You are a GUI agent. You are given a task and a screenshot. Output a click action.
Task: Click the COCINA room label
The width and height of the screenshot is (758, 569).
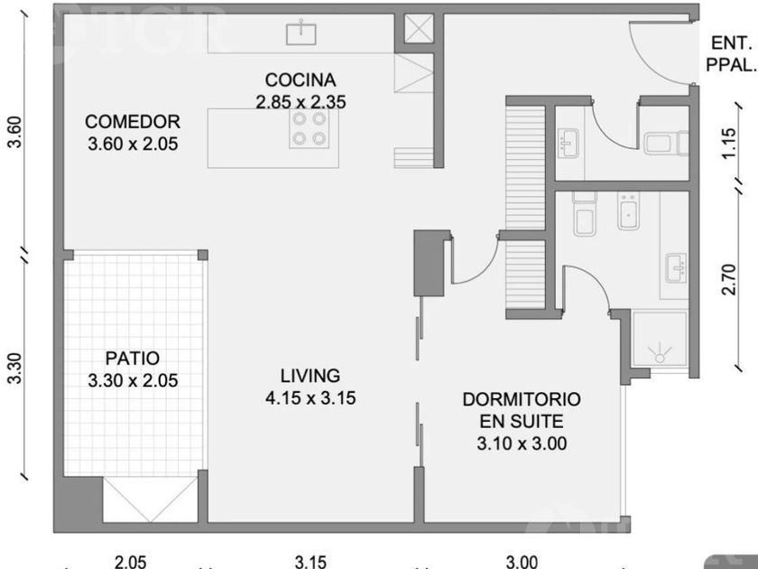(300, 79)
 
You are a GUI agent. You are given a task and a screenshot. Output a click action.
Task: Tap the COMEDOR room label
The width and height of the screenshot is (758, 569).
(133, 121)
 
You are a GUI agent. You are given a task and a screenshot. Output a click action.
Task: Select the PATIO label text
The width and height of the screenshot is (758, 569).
(133, 359)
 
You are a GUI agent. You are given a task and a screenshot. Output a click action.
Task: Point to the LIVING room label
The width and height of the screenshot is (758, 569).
(310, 376)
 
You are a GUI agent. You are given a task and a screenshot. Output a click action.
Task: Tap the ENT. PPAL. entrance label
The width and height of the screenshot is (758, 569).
(731, 53)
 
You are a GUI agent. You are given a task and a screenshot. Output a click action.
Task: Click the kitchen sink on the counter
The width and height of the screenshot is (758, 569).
(301, 33)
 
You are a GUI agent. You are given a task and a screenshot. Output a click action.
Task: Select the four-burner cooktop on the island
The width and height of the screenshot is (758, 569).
(310, 128)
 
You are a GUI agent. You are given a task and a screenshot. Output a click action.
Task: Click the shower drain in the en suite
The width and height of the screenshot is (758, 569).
(660, 358)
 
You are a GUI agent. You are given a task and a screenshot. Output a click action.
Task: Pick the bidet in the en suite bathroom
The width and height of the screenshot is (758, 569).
(629, 211)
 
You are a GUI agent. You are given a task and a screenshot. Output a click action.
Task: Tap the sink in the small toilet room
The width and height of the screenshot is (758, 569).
(568, 143)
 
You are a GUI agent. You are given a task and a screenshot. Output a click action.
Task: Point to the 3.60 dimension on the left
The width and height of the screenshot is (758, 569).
(15, 132)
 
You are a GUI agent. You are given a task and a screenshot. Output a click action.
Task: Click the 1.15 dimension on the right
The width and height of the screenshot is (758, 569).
(729, 143)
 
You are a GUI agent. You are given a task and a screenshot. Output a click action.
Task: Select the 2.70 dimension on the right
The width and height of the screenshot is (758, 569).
(729, 279)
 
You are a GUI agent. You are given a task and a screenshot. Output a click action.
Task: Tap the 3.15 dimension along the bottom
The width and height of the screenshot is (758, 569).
(310, 562)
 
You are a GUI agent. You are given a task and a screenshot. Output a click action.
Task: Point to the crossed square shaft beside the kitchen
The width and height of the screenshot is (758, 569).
(419, 29)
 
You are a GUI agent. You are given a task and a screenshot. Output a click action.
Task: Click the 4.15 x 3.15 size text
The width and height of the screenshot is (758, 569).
(310, 398)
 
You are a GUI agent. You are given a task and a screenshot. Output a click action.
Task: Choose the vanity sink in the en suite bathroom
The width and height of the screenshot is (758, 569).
(676, 267)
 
